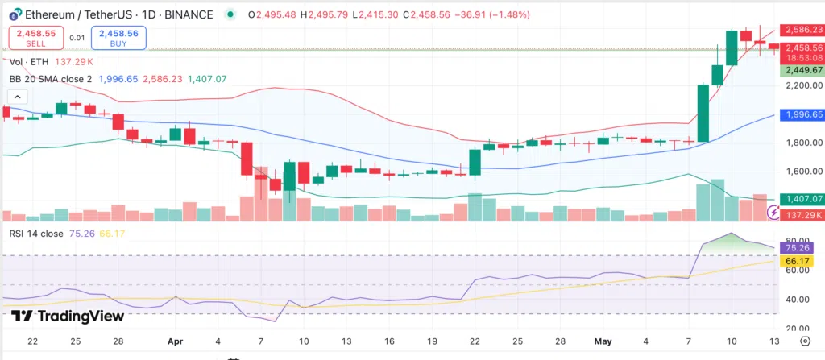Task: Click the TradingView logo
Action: tap(67, 317)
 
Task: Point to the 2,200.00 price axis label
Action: tap(801, 85)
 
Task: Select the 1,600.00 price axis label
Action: tap(801, 172)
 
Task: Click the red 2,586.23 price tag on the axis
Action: tap(801, 30)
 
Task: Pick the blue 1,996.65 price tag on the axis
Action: tap(801, 115)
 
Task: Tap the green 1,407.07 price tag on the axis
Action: tap(801, 199)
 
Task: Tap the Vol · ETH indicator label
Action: tap(30, 61)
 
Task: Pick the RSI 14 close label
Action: tap(39, 234)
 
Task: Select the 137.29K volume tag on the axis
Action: tap(801, 215)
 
